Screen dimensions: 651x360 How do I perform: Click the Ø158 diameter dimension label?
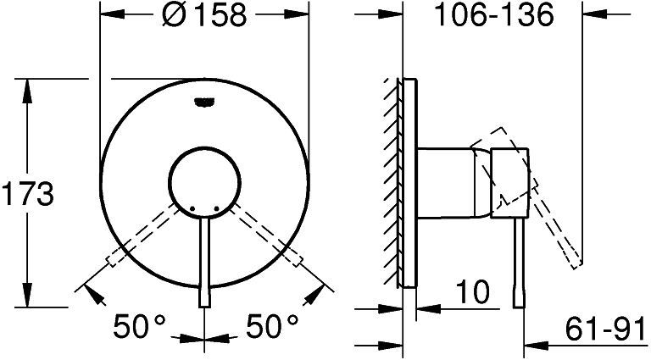click(x=204, y=15)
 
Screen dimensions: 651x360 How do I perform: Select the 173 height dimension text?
click(x=28, y=194)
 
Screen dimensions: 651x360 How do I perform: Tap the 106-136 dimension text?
click(x=493, y=15)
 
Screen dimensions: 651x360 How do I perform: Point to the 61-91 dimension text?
click(x=605, y=330)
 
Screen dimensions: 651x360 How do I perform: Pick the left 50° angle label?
click(x=140, y=326)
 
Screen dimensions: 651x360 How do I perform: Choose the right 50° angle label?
click(x=272, y=326)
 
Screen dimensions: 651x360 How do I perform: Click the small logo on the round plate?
click(x=204, y=102)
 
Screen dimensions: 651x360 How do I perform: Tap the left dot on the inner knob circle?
click(x=192, y=208)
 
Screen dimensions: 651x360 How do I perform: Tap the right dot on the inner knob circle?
click(x=217, y=208)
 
